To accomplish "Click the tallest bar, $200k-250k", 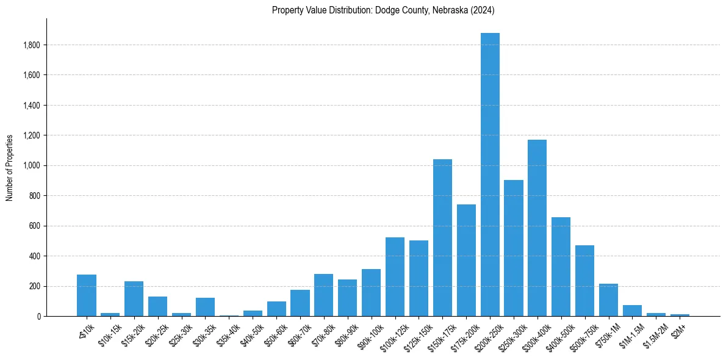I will pos(490,175).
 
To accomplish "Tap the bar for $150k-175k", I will pos(442,237).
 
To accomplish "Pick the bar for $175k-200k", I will pos(466,260).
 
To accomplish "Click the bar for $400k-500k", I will pos(561,266).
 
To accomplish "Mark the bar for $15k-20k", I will pos(134,298).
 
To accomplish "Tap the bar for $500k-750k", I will pos(584,281).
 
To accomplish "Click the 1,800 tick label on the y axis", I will pos(32,45).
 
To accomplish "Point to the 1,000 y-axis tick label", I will pos(32,165).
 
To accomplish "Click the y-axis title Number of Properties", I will pos(10,167).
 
